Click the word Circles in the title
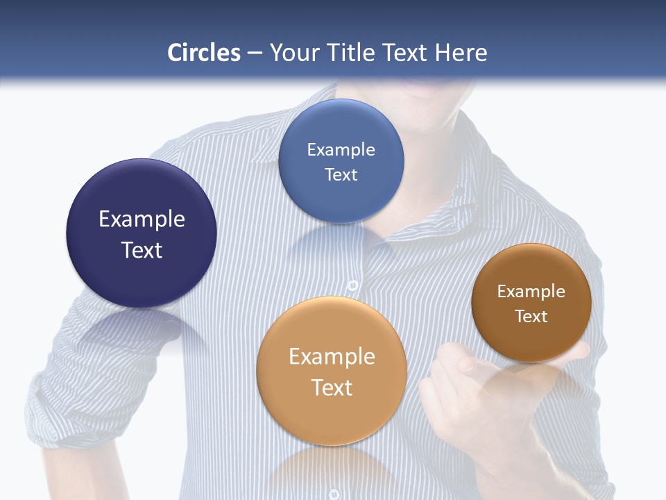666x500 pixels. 204,53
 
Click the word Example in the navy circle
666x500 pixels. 142,219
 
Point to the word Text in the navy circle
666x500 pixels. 142,250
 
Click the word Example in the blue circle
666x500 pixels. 341,150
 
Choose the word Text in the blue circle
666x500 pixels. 341,174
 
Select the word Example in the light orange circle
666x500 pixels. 332,357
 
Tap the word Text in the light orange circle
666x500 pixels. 332,387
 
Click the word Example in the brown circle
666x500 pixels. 531,292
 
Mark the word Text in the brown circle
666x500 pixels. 531,317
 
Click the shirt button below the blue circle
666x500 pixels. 352,285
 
